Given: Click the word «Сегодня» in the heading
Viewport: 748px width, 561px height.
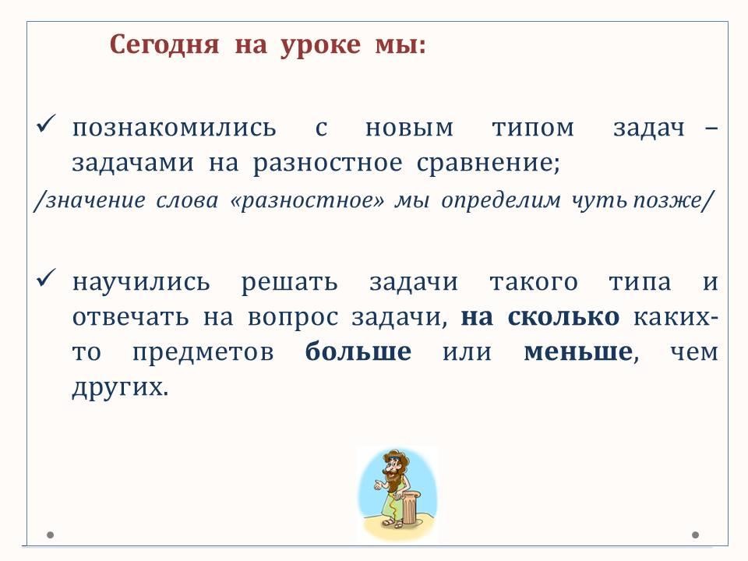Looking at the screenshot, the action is (x=164, y=46).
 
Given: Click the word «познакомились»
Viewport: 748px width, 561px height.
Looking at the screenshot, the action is (x=174, y=128).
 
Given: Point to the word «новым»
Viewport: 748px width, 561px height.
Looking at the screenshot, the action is (x=409, y=128).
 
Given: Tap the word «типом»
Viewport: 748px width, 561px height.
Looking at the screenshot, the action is (x=533, y=128).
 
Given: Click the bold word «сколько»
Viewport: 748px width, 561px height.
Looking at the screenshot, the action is (x=563, y=317).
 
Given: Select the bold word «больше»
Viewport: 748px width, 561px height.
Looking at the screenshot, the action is (x=358, y=351).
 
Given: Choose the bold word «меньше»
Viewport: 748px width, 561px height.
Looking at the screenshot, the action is (x=578, y=352).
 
